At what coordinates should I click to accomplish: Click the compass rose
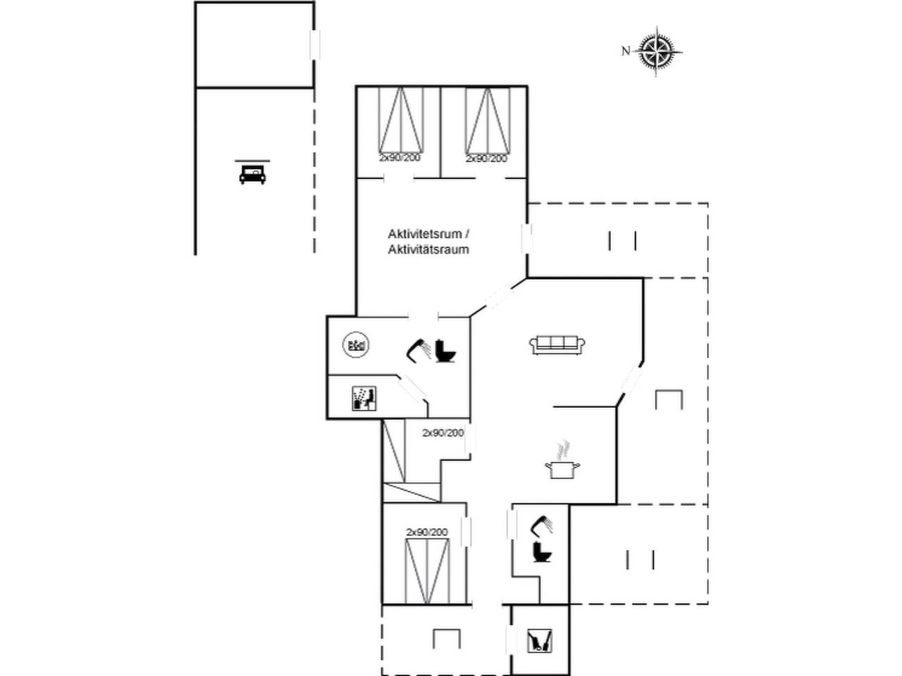[656, 51]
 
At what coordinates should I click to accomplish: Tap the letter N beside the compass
[626, 51]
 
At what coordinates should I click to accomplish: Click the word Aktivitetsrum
[425, 234]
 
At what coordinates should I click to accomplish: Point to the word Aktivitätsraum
[428, 249]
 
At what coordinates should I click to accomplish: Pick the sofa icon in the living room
[557, 344]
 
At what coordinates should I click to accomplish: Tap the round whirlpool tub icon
[355, 344]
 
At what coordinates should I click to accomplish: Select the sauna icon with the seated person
[364, 398]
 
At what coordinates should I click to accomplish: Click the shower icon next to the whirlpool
[419, 350]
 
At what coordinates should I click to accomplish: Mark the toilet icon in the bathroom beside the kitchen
[542, 551]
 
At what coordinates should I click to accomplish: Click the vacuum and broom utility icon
[540, 640]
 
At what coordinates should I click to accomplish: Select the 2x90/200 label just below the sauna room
[443, 432]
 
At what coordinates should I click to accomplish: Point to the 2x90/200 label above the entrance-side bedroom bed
[427, 532]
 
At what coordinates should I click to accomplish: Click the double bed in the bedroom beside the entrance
[427, 571]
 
